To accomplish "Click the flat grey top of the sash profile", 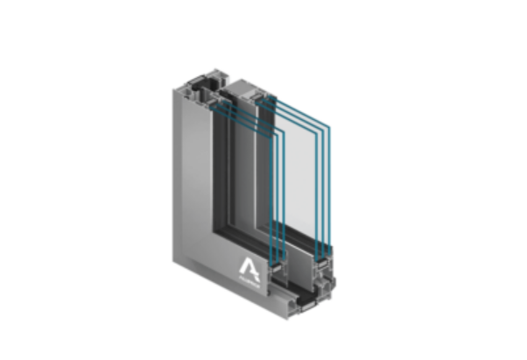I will (255, 90).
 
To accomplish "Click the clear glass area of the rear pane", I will (306, 175).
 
